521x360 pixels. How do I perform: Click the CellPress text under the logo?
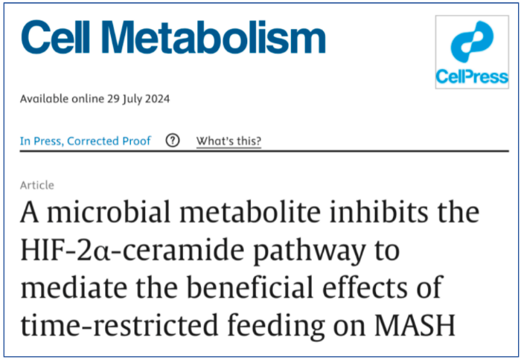coord(472,77)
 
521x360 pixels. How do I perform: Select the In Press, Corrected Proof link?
coord(86,141)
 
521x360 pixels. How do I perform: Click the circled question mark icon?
coord(173,141)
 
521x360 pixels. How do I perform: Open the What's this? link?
coord(228,141)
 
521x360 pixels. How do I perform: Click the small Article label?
coord(36,185)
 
